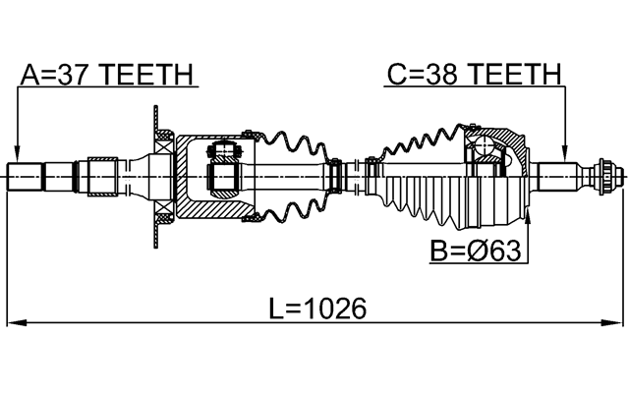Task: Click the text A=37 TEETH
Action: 108,75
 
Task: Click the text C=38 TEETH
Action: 473,75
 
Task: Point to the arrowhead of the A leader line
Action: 17,156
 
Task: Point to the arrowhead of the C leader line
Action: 566,156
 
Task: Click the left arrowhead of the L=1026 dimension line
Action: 14,322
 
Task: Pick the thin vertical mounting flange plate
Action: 155,177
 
